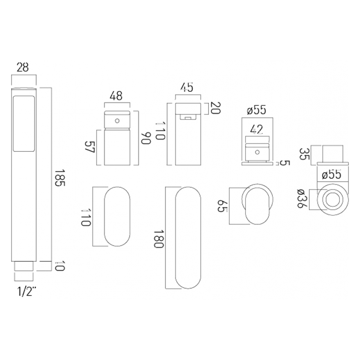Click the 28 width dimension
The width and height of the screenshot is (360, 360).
pos(23,68)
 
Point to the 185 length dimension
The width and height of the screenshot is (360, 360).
pos(60,178)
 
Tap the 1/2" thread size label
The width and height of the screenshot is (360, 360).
pos(27,292)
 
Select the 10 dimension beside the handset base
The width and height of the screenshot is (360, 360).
pos(60,266)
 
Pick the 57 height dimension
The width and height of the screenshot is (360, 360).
pos(89,147)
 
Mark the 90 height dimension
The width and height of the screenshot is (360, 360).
pos(146,138)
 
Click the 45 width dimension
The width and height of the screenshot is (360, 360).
pos(187,87)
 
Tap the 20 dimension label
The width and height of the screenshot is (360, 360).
pos(216,108)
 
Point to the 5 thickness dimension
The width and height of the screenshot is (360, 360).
pos(285,163)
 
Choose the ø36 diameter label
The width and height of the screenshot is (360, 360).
pos(302,199)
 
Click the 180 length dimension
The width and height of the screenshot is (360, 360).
pos(159,239)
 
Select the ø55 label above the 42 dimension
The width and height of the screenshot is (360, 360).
pos(257,110)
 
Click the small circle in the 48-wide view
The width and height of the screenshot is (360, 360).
pos(117,121)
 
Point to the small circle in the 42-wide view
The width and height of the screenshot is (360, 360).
pos(257,152)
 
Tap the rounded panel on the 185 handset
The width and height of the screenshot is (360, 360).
pos(24,124)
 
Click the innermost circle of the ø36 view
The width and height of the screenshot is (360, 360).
pos(333,199)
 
